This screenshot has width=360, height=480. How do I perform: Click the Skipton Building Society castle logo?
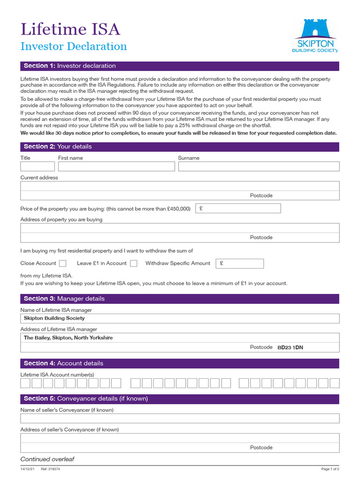315,35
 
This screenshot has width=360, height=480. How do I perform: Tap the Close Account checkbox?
63,263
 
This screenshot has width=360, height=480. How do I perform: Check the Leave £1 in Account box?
134,263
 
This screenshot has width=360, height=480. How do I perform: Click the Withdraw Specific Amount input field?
240,263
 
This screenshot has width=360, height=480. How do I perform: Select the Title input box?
37,166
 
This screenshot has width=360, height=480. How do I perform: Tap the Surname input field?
258,166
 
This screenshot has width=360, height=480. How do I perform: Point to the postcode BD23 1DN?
290,347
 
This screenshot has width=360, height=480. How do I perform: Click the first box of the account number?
26,383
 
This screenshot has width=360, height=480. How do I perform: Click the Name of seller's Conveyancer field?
180,419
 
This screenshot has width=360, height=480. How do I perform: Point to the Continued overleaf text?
47,459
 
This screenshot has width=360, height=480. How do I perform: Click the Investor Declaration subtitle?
74,46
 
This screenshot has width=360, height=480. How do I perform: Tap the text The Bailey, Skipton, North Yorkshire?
68,337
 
